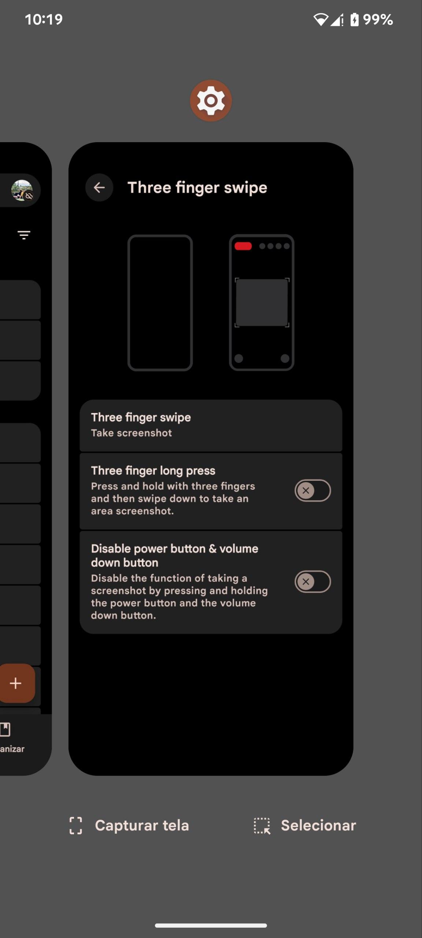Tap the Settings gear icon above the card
tap(211, 100)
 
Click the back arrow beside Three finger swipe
tap(99, 188)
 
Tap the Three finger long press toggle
tap(312, 490)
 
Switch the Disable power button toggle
tap(312, 581)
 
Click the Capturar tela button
tap(129, 826)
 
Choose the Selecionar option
tap(305, 826)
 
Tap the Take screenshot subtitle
tap(132, 433)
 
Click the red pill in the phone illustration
tap(243, 246)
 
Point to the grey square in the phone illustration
tap(262, 303)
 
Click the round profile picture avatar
tap(22, 190)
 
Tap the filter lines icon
tap(24, 235)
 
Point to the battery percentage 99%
tap(378, 19)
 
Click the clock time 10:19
tap(44, 19)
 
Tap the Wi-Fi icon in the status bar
tap(321, 19)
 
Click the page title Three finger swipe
tap(197, 188)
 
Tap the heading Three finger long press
tap(153, 470)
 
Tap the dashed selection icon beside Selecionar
tap(262, 826)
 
